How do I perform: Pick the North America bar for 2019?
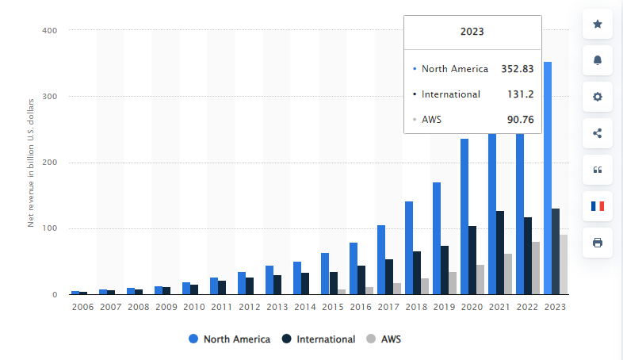tap(437, 239)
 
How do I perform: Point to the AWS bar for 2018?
tap(425, 286)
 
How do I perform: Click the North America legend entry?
tap(229, 339)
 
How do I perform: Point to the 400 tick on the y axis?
tap(49, 30)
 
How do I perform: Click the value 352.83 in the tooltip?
tap(517, 69)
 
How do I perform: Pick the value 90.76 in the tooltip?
tap(520, 120)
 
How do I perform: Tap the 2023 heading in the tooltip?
tap(472, 33)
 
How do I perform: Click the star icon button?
tap(598, 25)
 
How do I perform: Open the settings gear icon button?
tap(598, 97)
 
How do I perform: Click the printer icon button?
tap(598, 243)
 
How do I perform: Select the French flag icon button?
tap(598, 206)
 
